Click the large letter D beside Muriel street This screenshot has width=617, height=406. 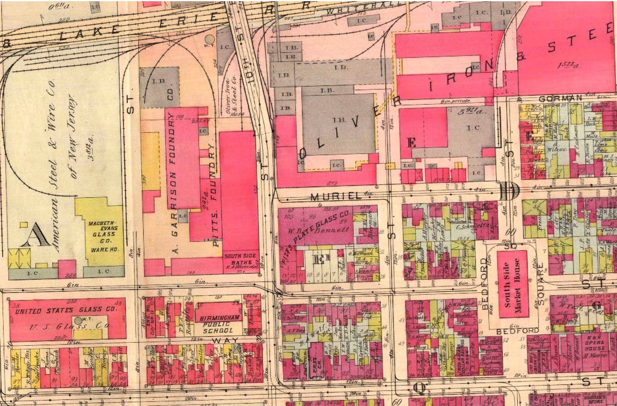[509, 191]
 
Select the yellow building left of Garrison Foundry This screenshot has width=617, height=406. [150, 161]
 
